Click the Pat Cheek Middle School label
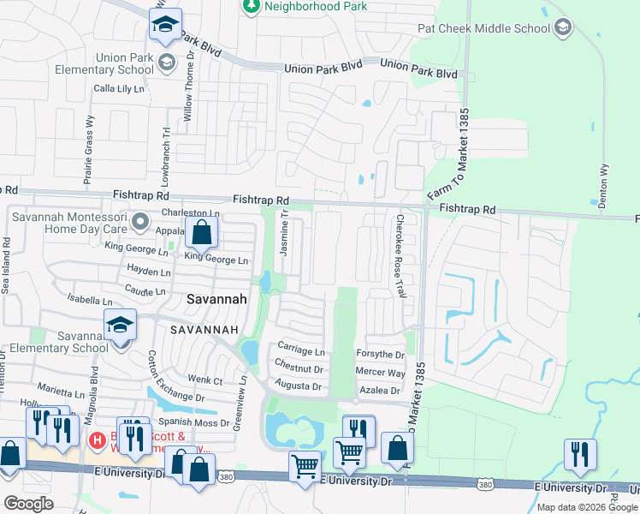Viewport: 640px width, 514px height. point(483,28)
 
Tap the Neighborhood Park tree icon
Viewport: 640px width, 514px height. point(251,7)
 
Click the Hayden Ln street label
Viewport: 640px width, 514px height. point(149,271)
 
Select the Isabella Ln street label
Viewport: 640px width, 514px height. point(89,301)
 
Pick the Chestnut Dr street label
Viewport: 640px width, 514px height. point(299,369)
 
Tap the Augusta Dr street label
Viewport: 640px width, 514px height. point(298,387)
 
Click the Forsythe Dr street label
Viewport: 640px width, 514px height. point(380,354)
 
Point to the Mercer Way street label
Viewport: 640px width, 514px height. point(380,373)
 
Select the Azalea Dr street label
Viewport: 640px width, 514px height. point(380,390)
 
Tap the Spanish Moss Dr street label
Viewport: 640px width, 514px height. point(187,422)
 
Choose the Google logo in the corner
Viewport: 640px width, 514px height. point(28,504)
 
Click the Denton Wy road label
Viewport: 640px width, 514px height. point(603,186)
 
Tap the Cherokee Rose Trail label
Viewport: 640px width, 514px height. point(400,256)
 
